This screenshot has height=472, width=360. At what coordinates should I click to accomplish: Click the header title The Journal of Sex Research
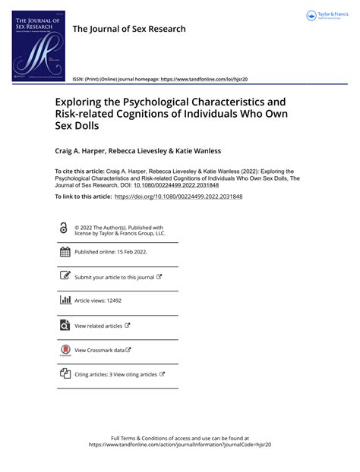point(128,29)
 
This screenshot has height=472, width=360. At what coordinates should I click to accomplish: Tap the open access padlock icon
point(63,228)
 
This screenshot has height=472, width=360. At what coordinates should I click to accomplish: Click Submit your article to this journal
point(114,277)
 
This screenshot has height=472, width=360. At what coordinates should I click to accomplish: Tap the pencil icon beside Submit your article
point(65,276)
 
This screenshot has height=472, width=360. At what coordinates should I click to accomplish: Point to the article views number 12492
point(112,301)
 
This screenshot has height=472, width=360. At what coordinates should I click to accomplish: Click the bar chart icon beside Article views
point(65,301)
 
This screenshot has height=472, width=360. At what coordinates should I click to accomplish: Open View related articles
point(99,326)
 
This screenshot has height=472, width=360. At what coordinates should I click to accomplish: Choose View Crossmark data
point(99,350)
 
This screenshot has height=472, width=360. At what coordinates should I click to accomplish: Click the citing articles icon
point(65,374)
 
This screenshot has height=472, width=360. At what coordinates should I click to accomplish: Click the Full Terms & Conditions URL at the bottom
point(179,445)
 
